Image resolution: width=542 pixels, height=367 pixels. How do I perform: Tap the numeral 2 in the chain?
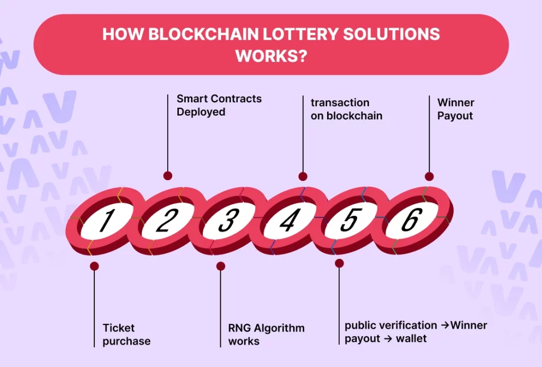click(x=165, y=221)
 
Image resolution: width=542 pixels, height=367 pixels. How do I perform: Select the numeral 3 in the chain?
click(x=227, y=221)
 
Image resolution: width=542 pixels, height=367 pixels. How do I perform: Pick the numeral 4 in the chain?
click(x=287, y=221)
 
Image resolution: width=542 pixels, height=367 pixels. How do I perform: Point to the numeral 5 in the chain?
click(x=348, y=221)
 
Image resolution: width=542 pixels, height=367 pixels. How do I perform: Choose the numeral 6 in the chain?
click(x=410, y=221)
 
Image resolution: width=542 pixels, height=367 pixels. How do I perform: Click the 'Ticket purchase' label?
click(x=127, y=335)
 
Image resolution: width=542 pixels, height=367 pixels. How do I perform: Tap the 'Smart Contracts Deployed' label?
click(x=219, y=105)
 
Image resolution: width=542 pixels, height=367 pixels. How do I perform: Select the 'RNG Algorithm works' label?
click(x=266, y=335)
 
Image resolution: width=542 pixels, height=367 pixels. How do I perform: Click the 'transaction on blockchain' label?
click(x=346, y=109)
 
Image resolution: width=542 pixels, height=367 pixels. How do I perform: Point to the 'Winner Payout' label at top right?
click(x=456, y=109)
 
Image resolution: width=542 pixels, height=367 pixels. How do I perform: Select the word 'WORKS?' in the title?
click(x=271, y=55)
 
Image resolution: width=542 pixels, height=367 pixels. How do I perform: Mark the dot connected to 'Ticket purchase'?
click(x=94, y=266)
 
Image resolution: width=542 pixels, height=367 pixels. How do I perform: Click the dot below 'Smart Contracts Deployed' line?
click(x=168, y=176)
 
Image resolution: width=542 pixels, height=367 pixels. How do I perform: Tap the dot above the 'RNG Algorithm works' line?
click(x=221, y=266)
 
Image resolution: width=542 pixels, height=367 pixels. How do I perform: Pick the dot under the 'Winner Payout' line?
click(x=429, y=177)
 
